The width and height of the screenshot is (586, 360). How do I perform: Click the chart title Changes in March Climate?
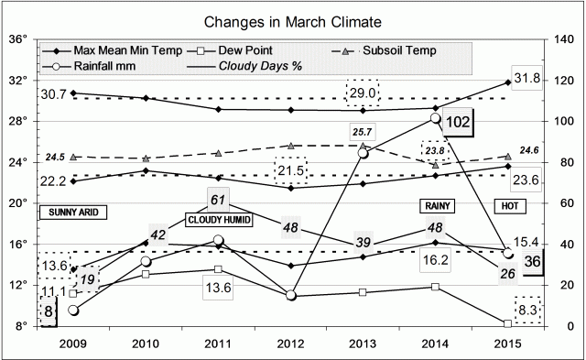(x=292, y=18)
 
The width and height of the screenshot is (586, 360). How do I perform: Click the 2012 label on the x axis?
(x=291, y=346)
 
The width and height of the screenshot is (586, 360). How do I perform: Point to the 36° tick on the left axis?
(x=20, y=39)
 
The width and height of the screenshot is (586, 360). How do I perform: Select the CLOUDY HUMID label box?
(x=218, y=221)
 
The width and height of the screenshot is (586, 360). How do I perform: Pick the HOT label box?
(x=509, y=205)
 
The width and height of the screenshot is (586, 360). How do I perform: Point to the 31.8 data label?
(x=529, y=77)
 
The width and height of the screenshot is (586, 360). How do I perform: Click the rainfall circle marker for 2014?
(x=436, y=118)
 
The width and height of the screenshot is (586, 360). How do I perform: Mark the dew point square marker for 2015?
(x=508, y=323)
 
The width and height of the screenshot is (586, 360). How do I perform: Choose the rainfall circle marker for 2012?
(x=291, y=295)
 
